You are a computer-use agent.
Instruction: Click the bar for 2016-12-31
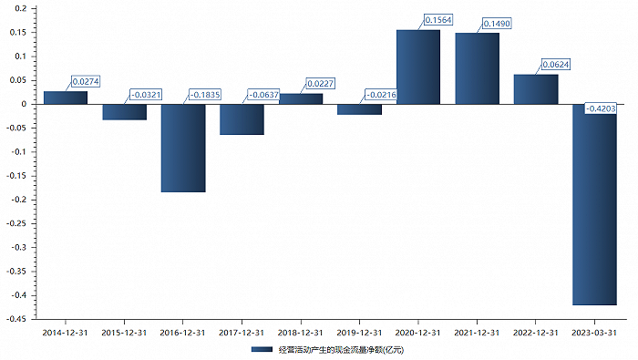(183, 148)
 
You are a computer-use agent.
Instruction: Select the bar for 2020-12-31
(418, 67)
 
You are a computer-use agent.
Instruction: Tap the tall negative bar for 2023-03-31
(594, 205)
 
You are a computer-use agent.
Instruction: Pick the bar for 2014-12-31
(66, 98)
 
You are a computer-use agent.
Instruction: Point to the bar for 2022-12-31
(536, 89)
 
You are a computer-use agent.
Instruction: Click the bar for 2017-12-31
(242, 119)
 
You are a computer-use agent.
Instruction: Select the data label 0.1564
(438, 20)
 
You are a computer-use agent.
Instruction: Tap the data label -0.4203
(600, 108)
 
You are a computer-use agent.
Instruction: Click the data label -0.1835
(205, 95)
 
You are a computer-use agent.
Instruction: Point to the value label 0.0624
(556, 65)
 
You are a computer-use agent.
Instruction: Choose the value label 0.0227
(320, 84)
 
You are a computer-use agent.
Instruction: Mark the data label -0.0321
(146, 95)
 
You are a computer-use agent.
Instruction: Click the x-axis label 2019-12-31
(359, 333)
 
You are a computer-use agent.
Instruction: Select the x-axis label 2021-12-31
(477, 333)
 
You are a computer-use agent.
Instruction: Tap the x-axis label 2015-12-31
(124, 333)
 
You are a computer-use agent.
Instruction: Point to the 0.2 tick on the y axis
(20, 8)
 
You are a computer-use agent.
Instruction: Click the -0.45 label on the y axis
(16, 319)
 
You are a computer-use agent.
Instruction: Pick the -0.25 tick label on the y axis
(16, 223)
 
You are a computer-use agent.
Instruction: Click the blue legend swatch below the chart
(262, 349)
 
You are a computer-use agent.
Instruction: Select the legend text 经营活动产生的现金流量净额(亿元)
(341, 350)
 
